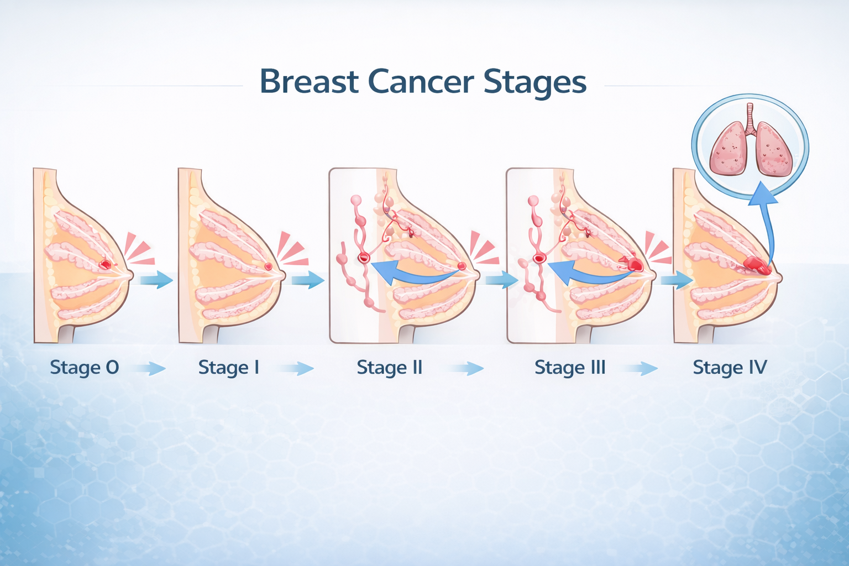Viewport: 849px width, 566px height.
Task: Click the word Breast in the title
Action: tap(309, 82)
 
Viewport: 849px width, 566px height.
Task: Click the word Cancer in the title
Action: tap(421, 82)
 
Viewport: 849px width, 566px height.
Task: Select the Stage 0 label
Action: tap(84, 368)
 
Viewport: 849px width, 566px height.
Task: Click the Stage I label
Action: tap(228, 368)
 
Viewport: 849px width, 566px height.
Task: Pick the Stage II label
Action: tap(390, 368)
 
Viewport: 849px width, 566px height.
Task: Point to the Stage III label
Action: tap(570, 368)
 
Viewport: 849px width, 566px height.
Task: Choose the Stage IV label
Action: tap(730, 368)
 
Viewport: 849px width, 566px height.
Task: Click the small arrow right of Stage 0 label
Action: tap(149, 369)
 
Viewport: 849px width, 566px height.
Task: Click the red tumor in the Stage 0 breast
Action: tap(104, 265)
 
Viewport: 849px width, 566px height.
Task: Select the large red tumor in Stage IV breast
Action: tap(756, 266)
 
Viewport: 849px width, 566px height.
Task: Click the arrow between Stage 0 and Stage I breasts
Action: tap(156, 279)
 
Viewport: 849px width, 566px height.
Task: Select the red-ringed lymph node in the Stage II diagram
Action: tap(363, 257)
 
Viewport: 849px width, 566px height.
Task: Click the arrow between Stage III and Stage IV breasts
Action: tap(676, 280)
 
